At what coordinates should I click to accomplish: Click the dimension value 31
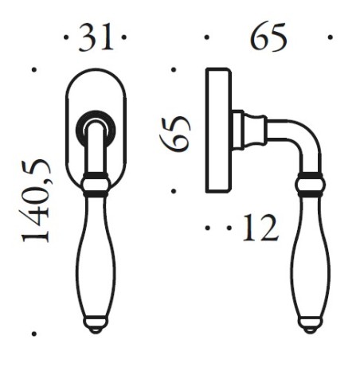(95, 39)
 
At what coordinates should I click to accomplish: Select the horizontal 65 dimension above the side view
(268, 38)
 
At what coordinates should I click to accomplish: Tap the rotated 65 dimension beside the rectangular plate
(181, 131)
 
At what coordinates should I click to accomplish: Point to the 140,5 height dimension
(37, 200)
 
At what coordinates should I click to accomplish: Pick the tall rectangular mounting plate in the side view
(217, 131)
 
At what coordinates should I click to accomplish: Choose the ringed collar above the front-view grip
(95, 184)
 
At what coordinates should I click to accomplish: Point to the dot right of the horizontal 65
(330, 37)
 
